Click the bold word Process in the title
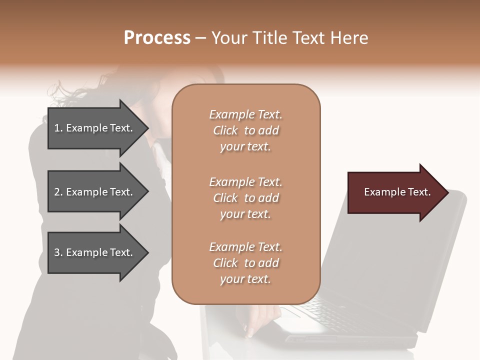pos(157,38)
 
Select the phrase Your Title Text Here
pos(289,38)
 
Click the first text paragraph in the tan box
pos(245,130)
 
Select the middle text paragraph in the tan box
pos(245,198)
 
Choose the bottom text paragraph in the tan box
pos(245,263)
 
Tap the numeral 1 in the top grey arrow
pos(57,128)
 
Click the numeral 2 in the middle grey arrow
pos(57,192)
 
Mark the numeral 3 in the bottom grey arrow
pos(57,252)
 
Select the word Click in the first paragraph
pos(225,130)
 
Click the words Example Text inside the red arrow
pos(397,192)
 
